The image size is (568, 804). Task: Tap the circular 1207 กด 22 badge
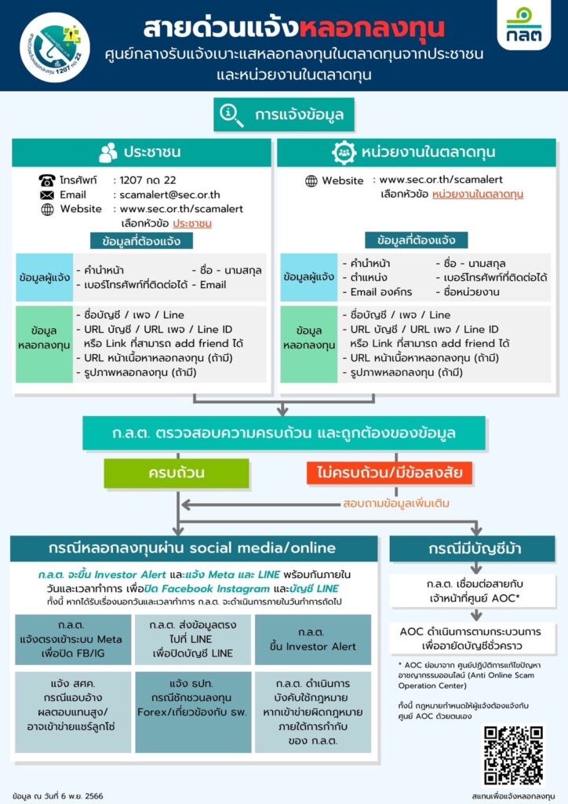(56, 45)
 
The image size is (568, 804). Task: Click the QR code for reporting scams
(512, 755)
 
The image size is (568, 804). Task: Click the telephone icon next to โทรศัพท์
(47, 180)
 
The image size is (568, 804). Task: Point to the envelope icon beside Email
(47, 195)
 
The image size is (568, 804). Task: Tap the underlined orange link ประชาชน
(192, 224)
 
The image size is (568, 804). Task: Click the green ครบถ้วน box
(177, 473)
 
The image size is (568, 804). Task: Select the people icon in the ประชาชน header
(108, 152)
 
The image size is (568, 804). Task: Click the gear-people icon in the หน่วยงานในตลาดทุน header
(344, 152)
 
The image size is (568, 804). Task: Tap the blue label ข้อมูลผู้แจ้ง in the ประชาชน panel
(44, 276)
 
